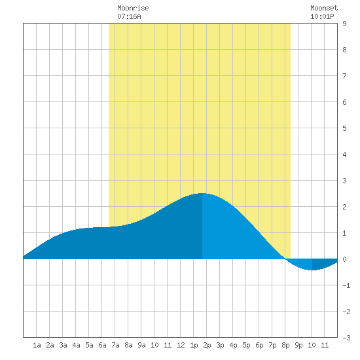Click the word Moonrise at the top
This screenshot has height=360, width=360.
pyautogui.click(x=133, y=8)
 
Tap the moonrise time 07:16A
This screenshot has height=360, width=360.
pyautogui.click(x=129, y=16)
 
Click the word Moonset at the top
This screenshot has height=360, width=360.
pyautogui.click(x=324, y=8)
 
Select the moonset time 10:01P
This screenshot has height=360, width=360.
pyautogui.click(x=322, y=16)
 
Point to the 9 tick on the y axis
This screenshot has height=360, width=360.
pyautogui.click(x=344, y=24)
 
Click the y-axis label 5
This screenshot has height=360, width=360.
pyautogui.click(x=344, y=128)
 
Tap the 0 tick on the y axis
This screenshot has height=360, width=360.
pyautogui.click(x=344, y=259)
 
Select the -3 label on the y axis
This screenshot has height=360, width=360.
pyautogui.click(x=346, y=338)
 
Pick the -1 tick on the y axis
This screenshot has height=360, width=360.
pyautogui.click(x=346, y=285)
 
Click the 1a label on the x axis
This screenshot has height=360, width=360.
pyautogui.click(x=37, y=345)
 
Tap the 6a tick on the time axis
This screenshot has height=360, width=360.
pyautogui.click(x=102, y=345)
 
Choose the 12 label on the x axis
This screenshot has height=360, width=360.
pyautogui.click(x=181, y=345)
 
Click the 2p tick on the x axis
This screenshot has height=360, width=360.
pyautogui.click(x=207, y=345)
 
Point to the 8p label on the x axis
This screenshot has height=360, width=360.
pyautogui.click(x=285, y=345)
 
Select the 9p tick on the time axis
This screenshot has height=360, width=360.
pyautogui.click(x=298, y=345)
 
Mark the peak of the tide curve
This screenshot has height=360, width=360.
pyautogui.click(x=202, y=193)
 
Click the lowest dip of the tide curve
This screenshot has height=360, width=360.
pyautogui.click(x=312, y=270)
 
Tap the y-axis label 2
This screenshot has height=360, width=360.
pyautogui.click(x=344, y=207)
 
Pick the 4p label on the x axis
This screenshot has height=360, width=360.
pyautogui.click(x=233, y=345)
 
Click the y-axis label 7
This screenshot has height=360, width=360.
pyautogui.click(x=344, y=76)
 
